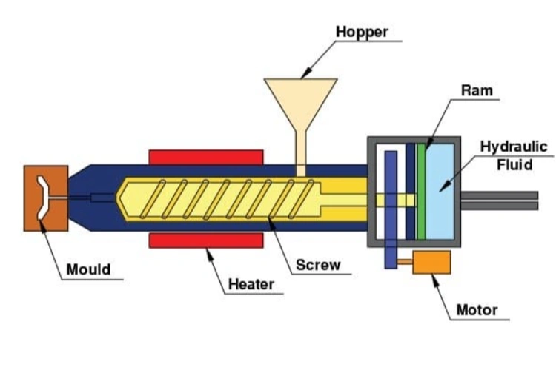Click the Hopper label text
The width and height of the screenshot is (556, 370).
pyautogui.click(x=362, y=32)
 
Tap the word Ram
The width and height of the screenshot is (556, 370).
pyautogui.click(x=476, y=91)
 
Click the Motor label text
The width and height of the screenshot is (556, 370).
pyautogui.click(x=477, y=309)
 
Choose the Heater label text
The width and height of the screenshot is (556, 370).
pyautogui.click(x=251, y=283)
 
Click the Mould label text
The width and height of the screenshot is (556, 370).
pyautogui.click(x=88, y=269)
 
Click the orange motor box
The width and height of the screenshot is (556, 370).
pyautogui.click(x=431, y=264)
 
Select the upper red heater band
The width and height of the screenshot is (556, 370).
pyautogui.click(x=206, y=156)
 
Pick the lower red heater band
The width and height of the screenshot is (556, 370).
pyautogui.click(x=206, y=240)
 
